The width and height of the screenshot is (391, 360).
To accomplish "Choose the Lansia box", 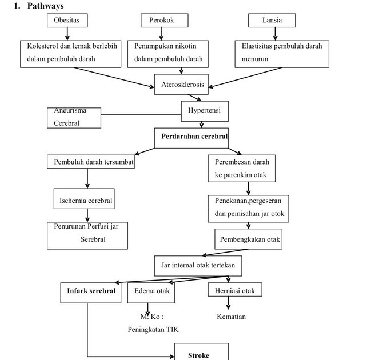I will pyautogui.click(x=272, y=21).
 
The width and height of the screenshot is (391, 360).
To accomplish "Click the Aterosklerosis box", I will pyautogui.click(x=182, y=85).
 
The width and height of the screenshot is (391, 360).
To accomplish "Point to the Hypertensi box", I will pyautogui.click(x=205, y=111).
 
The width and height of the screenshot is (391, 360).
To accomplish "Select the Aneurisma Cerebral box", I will pyautogui.click(x=74, y=118).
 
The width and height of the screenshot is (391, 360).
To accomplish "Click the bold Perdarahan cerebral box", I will pyautogui.click(x=191, y=137).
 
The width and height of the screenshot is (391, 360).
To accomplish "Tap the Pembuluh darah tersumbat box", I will pyautogui.click(x=90, y=162).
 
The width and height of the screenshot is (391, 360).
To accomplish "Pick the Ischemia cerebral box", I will pyautogui.click(x=83, y=201).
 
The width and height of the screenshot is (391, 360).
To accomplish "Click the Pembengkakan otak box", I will pyautogui.click(x=249, y=239).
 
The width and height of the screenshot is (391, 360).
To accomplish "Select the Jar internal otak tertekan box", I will pyautogui.click(x=198, y=266).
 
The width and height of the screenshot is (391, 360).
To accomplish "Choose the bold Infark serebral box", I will pyautogui.click(x=91, y=291).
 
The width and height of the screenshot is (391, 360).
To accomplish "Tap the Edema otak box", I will pyautogui.click(x=151, y=291).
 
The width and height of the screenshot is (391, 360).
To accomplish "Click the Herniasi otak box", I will pyautogui.click(x=234, y=291).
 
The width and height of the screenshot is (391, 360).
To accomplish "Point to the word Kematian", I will pyautogui.click(x=231, y=317).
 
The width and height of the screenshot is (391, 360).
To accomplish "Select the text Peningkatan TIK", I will pyautogui.click(x=153, y=329).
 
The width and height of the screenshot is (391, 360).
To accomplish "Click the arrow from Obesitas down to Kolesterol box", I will pyautogui.click(x=67, y=34).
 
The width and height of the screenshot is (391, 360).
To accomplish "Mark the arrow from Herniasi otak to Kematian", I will pyautogui.click(x=228, y=303).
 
